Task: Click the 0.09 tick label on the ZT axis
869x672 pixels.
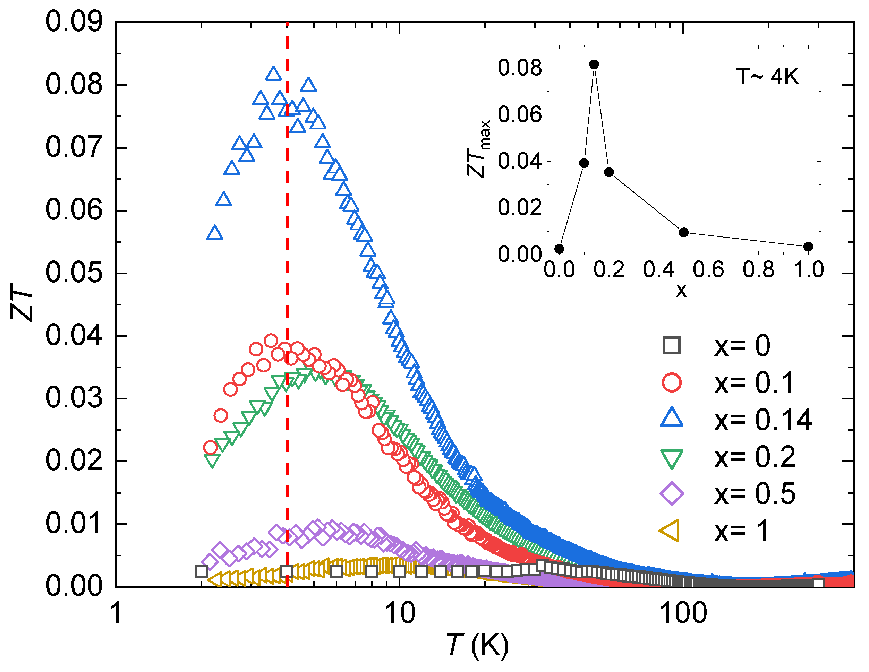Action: pos(74,21)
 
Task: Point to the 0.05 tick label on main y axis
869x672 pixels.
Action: pos(74,273)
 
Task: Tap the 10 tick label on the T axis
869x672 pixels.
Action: pos(400,613)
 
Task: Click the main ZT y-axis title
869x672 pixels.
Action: pos(22,302)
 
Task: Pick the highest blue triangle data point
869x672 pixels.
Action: pos(273,74)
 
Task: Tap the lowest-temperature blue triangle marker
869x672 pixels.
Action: pos(215,233)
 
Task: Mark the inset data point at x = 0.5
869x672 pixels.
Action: pos(684,232)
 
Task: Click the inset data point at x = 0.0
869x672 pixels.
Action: pos(559,249)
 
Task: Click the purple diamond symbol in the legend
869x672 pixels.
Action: pos(672,494)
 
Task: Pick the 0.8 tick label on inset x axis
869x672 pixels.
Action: pos(758,270)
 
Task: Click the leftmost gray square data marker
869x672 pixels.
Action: pos(201,572)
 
